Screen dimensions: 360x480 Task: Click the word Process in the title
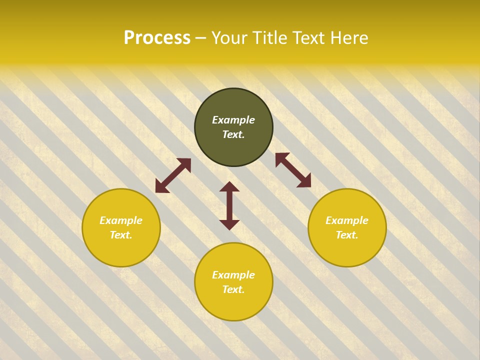pyautogui.click(x=157, y=38)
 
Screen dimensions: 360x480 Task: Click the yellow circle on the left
pyautogui.click(x=121, y=250)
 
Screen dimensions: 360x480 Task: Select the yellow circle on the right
pyautogui.click(x=347, y=250)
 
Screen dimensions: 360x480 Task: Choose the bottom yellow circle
pyautogui.click(x=233, y=305)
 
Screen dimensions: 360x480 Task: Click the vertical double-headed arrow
pyautogui.click(x=229, y=205)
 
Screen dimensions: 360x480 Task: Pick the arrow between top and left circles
pyautogui.click(x=173, y=175)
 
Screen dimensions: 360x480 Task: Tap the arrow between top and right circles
pyautogui.click(x=293, y=170)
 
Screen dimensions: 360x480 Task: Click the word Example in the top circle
pyautogui.click(x=233, y=120)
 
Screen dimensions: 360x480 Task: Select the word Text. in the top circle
pyautogui.click(x=233, y=134)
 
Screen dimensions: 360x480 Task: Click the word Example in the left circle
pyautogui.click(x=121, y=220)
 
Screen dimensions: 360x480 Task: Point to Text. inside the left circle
pyautogui.click(x=121, y=235)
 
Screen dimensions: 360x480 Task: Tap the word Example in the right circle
pyautogui.click(x=347, y=220)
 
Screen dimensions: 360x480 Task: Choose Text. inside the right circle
pyautogui.click(x=347, y=235)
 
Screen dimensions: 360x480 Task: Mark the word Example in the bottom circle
pyautogui.click(x=233, y=275)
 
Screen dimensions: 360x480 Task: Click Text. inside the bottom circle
pyautogui.click(x=233, y=289)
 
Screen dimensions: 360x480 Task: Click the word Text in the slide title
pyautogui.click(x=309, y=38)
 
